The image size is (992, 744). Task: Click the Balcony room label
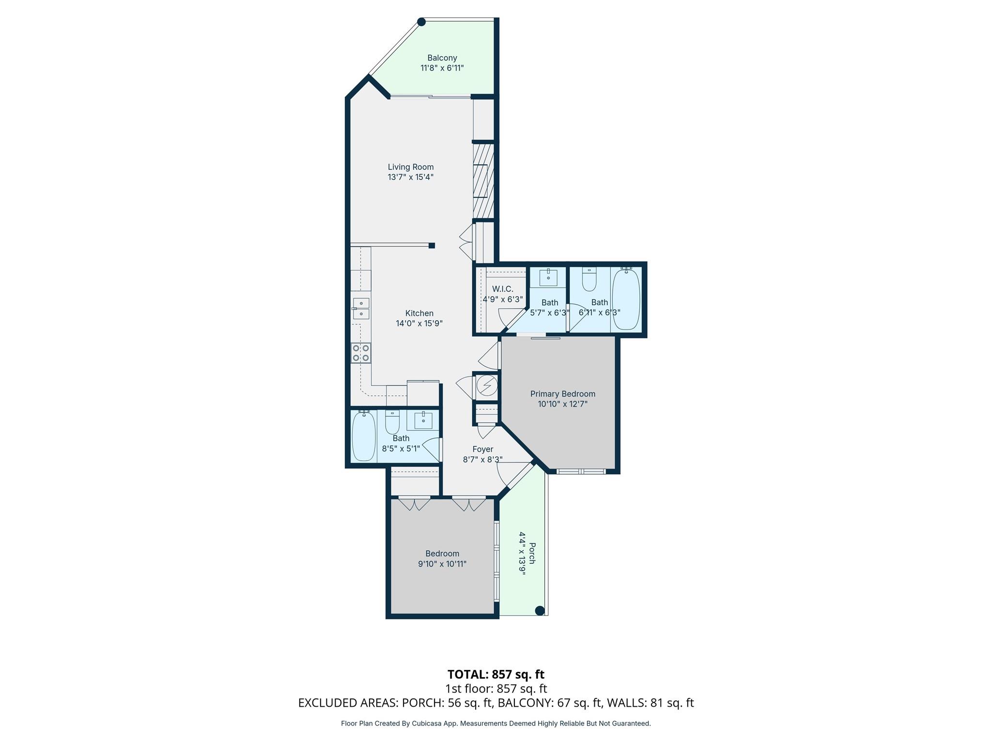442,58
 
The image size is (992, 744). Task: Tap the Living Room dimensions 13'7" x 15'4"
410,177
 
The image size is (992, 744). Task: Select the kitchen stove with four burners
361,353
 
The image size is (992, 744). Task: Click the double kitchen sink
361,309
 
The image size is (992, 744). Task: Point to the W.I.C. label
502,289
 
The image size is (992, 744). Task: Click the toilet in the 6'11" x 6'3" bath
589,280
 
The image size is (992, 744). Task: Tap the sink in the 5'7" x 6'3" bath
548,278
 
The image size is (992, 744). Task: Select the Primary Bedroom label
562,394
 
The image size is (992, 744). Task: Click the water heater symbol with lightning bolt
487,386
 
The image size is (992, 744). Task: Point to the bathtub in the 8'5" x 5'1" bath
363,435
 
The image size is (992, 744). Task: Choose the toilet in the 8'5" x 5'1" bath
392,422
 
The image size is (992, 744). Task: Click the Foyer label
482,449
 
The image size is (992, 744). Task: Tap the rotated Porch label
532,553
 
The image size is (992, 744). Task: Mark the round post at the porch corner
540,610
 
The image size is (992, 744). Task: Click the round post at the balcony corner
421,22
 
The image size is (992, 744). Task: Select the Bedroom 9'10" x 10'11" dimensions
442,564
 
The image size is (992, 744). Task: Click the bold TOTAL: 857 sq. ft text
496,674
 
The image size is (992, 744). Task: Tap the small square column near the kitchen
432,246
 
